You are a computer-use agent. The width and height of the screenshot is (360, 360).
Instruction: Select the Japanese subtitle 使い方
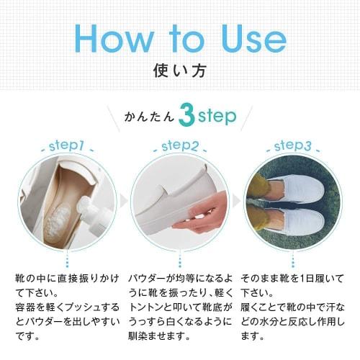pos(179,72)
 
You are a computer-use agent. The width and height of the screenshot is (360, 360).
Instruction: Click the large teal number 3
pos(186,117)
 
